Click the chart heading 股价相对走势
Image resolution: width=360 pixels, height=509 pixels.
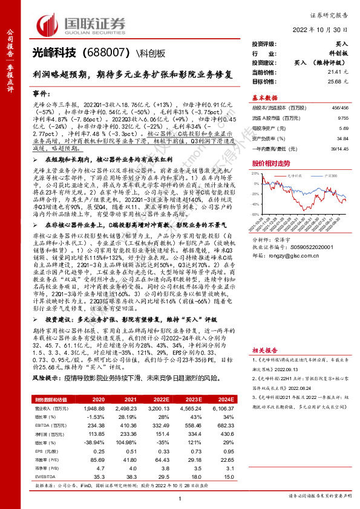point(271,163)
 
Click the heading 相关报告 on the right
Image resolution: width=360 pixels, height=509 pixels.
point(264,350)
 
